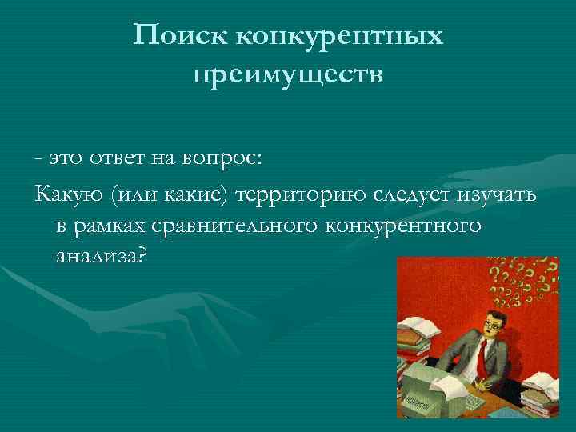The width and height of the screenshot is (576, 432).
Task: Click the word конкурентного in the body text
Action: click(x=404, y=226)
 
